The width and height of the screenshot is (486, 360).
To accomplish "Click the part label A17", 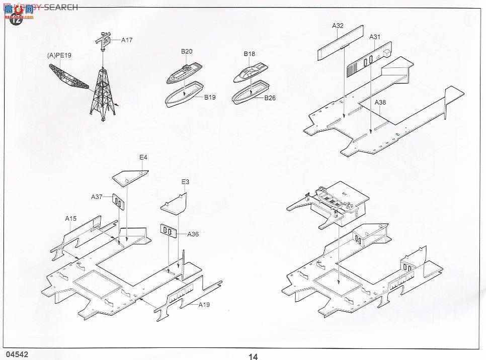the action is point(127,40).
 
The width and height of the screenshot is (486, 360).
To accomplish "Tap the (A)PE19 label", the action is point(57,56).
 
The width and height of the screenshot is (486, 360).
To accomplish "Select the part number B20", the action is point(187,51).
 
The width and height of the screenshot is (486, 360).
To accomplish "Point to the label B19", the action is point(210,98).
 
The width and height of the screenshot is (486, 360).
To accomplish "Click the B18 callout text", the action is point(250,54).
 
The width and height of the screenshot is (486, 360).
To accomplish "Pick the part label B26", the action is point(270,98).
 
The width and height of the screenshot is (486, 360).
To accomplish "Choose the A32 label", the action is point(338,25).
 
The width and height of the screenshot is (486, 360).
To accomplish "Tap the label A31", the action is point(375,37).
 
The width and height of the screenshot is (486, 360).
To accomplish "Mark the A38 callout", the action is point(381,103).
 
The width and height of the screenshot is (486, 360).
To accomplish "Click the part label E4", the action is point(143,157).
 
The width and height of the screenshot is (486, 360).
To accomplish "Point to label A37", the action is point(97,197).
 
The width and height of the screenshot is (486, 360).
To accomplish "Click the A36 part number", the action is point(193,234).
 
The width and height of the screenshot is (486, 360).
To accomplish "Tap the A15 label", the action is point(70,218).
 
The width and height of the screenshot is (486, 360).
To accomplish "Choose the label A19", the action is point(204,305).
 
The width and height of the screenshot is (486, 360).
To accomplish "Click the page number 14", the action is point(253,356).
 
